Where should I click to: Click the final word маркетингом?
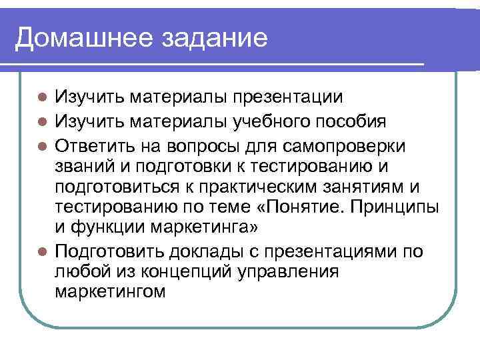click(x=109, y=294)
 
